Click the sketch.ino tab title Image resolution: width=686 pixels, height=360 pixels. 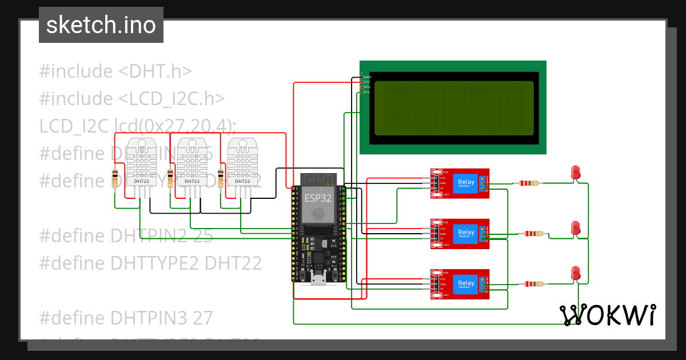tap(101, 25)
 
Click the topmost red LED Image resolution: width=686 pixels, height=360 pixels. tap(576, 172)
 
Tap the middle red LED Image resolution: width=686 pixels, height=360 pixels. tap(576, 227)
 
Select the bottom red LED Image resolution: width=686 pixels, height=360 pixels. tap(576, 273)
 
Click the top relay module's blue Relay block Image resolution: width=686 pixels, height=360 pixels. tap(466, 183)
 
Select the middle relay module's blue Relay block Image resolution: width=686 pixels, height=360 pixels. tap(466, 233)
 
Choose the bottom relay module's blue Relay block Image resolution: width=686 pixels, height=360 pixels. tap(466, 283)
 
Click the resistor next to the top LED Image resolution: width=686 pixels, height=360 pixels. tap(529, 183)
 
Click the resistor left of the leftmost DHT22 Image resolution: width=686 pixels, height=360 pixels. tap(115, 178)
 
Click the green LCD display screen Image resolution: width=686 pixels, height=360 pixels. tap(452, 107)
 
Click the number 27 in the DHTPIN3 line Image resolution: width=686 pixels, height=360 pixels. tap(202, 317)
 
